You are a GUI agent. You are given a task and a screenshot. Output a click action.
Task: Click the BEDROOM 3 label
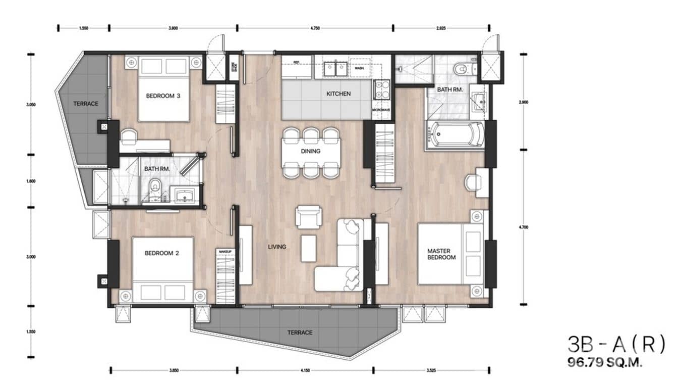point(163,96)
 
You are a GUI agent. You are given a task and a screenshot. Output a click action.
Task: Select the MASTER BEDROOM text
point(441,254)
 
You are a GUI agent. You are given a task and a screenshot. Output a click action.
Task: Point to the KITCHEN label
point(338,94)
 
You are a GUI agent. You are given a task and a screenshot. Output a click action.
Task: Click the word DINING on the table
point(311,151)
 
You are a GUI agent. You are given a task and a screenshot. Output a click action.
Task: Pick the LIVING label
point(277,247)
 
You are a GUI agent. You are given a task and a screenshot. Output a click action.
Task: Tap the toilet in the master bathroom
point(461,69)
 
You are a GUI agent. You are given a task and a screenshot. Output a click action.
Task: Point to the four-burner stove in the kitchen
point(381,89)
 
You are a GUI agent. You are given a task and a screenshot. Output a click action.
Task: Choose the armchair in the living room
point(308,217)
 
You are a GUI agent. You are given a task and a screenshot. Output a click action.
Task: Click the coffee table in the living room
point(308,249)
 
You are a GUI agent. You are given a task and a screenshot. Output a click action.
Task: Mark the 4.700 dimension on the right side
point(523,227)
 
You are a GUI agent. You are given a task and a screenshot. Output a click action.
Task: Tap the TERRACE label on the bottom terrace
point(300,332)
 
